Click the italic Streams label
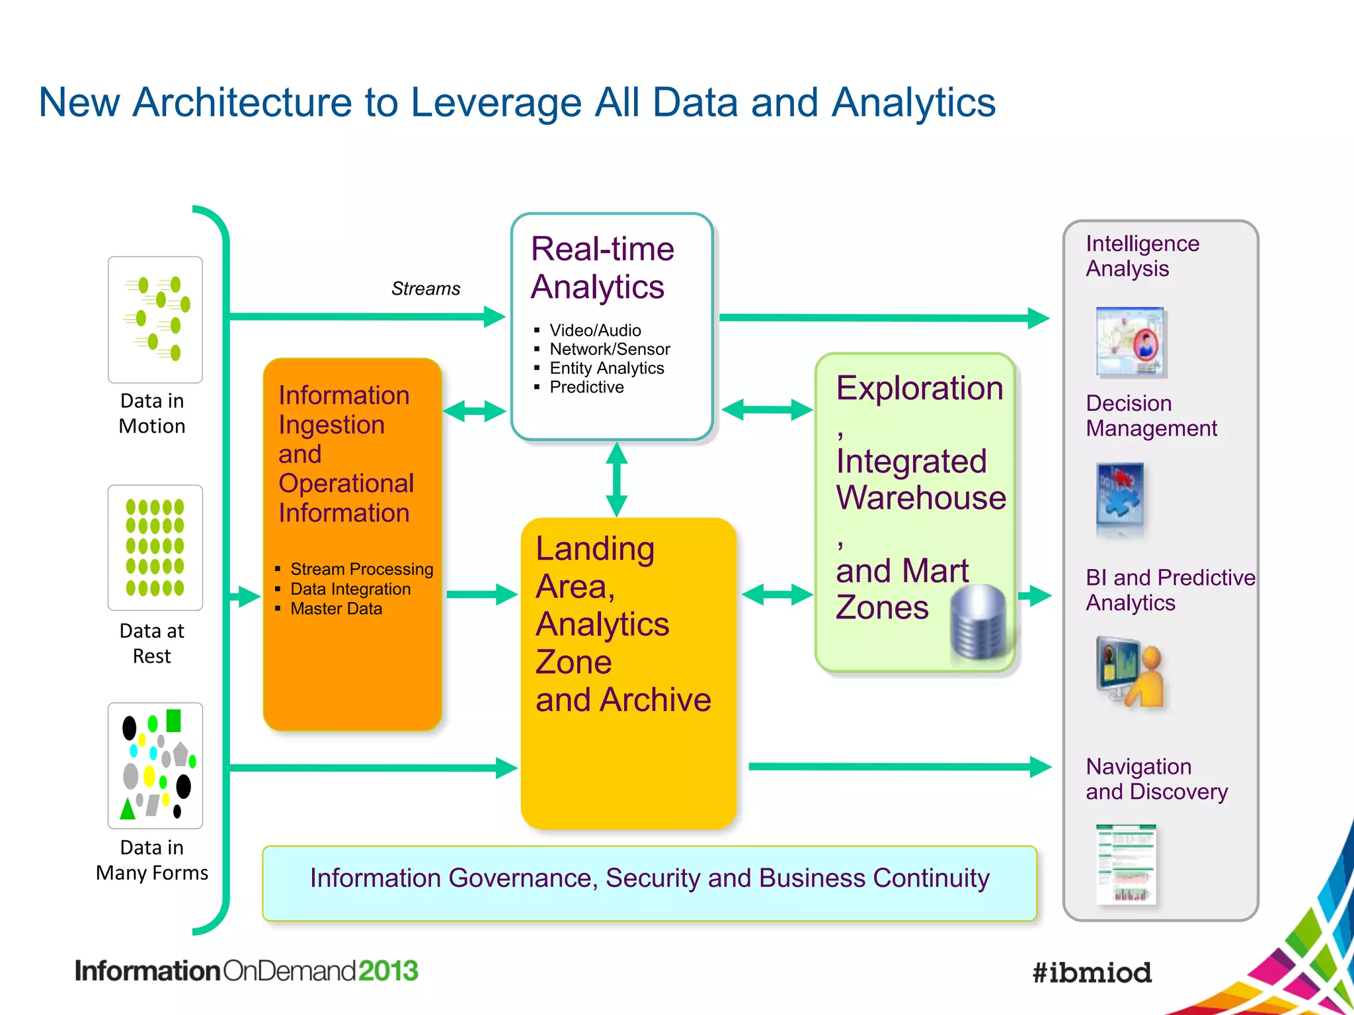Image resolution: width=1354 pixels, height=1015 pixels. pos(425,289)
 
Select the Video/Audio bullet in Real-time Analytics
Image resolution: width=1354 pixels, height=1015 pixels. pos(594,330)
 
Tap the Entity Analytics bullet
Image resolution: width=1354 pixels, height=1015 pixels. pos(606,368)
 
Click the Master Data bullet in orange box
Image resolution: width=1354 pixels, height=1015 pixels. pos(336,609)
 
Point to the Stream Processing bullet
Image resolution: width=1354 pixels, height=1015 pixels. pos(361,569)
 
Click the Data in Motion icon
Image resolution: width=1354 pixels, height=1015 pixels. pos(155,319)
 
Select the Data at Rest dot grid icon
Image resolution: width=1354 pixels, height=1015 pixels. pos(155,548)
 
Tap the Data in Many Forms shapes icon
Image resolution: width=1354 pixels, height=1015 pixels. pos(155,765)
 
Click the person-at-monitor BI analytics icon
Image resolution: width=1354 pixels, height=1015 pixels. pos(1130,671)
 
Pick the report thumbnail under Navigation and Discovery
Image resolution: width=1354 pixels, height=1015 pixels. pos(1126,864)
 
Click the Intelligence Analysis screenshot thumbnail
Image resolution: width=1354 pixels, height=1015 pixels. pos(1131,342)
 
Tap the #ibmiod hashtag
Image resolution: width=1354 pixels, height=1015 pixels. pos(1092,973)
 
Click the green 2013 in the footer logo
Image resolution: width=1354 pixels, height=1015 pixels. pos(388,971)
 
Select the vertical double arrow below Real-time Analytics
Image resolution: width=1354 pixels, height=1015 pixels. pos(616,479)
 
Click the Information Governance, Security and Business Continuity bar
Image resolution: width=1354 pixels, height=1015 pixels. pos(649,882)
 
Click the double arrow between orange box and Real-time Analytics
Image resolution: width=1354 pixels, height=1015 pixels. pos(475,411)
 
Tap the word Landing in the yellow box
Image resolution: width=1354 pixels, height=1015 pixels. pos(594,548)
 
